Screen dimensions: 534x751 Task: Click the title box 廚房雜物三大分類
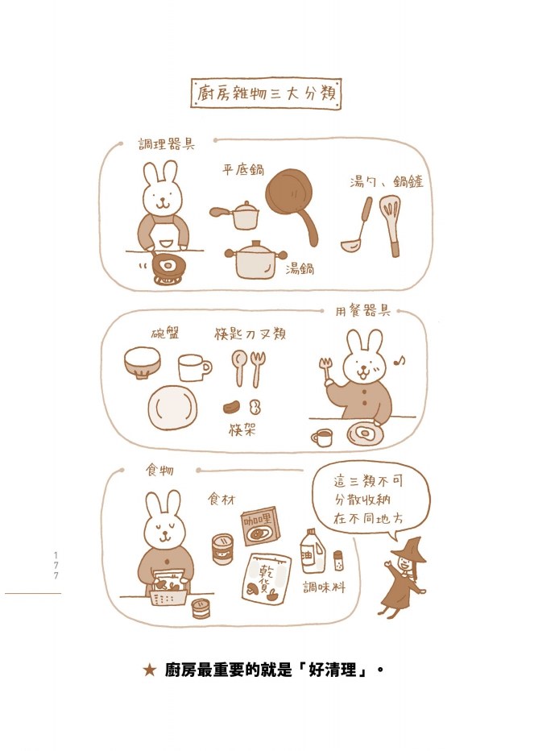(266, 93)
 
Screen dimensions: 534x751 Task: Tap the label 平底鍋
(242, 169)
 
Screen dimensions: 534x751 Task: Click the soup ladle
(358, 225)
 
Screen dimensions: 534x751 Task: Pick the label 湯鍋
(300, 268)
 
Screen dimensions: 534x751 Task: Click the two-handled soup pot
(256, 260)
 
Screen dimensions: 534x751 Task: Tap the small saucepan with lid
(236, 215)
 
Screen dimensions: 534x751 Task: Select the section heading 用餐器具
(362, 311)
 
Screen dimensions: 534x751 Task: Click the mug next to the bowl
(194, 367)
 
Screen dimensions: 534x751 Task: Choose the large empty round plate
(172, 408)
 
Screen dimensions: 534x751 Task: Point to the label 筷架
(242, 429)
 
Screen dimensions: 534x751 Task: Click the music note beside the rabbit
(399, 359)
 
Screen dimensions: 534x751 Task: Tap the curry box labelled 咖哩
(260, 526)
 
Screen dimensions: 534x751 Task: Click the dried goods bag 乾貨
(267, 579)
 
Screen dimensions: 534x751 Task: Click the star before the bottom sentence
(150, 670)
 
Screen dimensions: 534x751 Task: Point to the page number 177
(56, 566)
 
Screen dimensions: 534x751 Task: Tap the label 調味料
(324, 587)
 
